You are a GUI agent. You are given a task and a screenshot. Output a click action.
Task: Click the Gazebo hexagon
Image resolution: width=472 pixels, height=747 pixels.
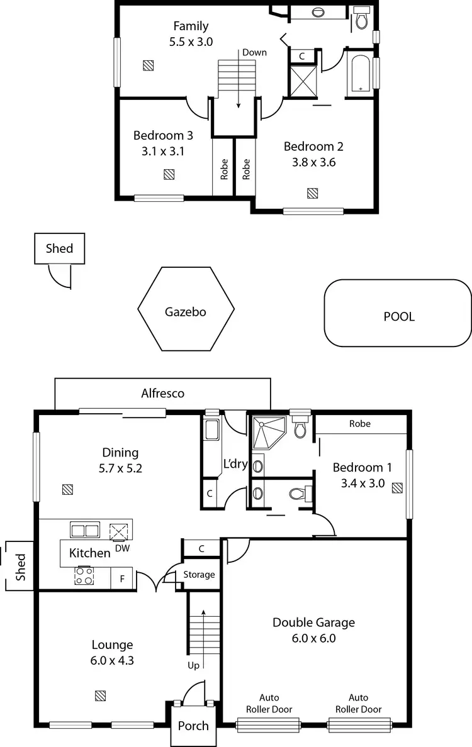pos(186,309)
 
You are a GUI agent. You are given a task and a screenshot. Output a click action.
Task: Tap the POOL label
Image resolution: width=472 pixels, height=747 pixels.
pos(399,316)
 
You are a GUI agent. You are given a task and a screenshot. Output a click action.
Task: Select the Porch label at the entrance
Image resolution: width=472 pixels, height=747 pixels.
pos(193,725)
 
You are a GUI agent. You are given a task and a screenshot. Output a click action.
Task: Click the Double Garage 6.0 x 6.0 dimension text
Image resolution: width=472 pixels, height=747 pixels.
pos(313,638)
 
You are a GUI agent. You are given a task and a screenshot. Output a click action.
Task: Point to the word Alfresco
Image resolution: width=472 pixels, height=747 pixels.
pos(162,393)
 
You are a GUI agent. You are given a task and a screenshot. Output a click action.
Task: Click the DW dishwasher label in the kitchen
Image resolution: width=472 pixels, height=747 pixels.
pos(122,548)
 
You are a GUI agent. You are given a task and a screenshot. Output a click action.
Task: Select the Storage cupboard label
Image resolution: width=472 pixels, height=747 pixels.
pos(199,574)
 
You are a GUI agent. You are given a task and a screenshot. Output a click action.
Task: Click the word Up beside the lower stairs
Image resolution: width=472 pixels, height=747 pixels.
pos(194,665)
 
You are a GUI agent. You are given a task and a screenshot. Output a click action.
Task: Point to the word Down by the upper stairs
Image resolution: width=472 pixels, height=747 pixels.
pos(254,52)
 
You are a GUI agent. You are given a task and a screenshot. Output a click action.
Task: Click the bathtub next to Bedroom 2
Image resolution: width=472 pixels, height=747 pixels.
pos(359,74)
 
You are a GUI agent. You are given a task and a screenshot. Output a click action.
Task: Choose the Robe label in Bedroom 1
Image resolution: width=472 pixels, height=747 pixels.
pos(360,424)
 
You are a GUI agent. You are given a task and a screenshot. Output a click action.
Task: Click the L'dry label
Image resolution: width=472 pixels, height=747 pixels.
pos(235,465)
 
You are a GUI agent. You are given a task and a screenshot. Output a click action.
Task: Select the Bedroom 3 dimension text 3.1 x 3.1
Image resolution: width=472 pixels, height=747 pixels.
pos(163,151)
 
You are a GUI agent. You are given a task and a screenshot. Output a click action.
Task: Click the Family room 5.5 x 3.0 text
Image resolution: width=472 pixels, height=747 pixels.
pos(191,42)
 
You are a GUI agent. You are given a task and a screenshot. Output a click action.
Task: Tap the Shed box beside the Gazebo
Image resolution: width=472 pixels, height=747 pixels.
pos(59,248)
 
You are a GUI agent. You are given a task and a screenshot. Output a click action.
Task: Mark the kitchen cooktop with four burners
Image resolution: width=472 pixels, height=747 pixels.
pos(84,576)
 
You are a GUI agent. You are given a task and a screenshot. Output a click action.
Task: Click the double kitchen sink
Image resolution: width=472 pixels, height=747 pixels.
pos(84,530)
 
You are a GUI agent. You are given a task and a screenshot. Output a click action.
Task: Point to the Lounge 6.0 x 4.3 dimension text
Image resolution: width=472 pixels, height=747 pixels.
pos(113,660)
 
